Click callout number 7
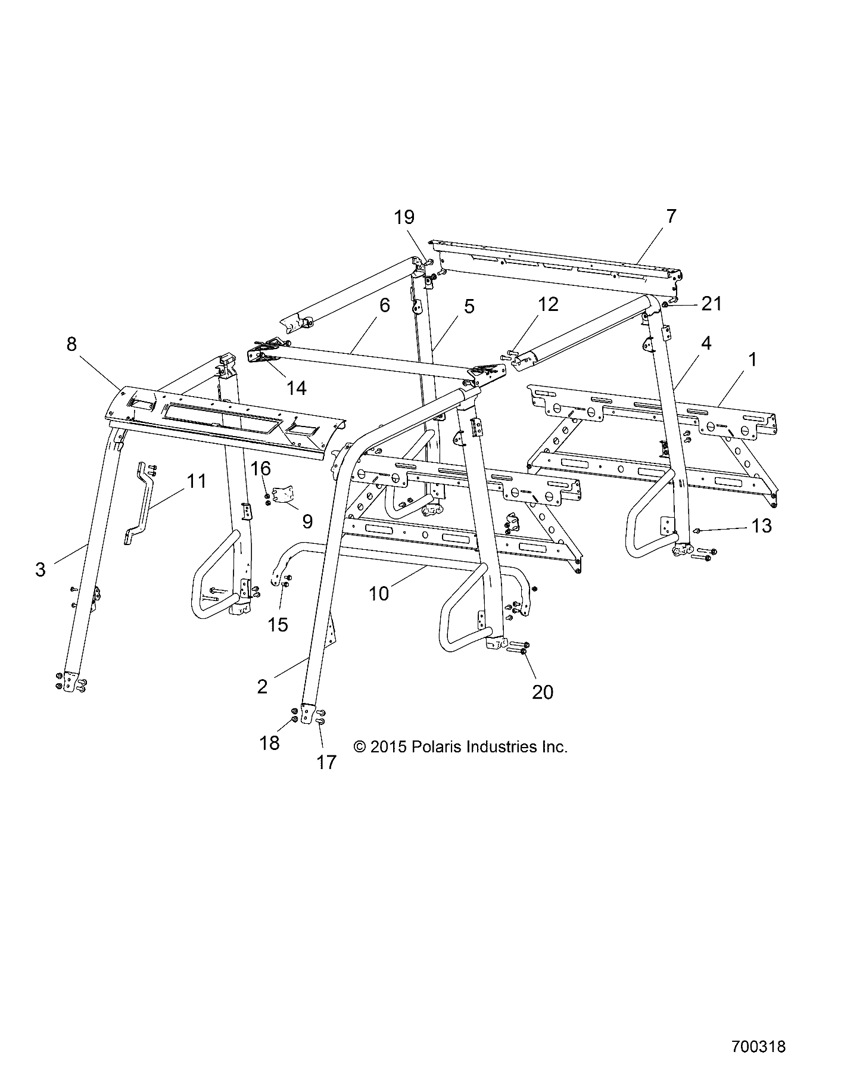pos(671,216)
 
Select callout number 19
pos(404,217)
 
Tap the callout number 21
pos(711,304)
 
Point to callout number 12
pos(548,304)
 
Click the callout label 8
pos(71,344)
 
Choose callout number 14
pos(296,388)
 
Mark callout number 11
pos(197,480)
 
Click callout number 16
pos(261,468)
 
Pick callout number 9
pos(307,522)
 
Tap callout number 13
pos(761,526)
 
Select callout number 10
pos(379,593)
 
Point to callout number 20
pos(543,692)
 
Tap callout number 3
pos(41,569)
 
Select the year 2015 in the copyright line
pos(388,747)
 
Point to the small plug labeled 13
pos(697,530)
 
